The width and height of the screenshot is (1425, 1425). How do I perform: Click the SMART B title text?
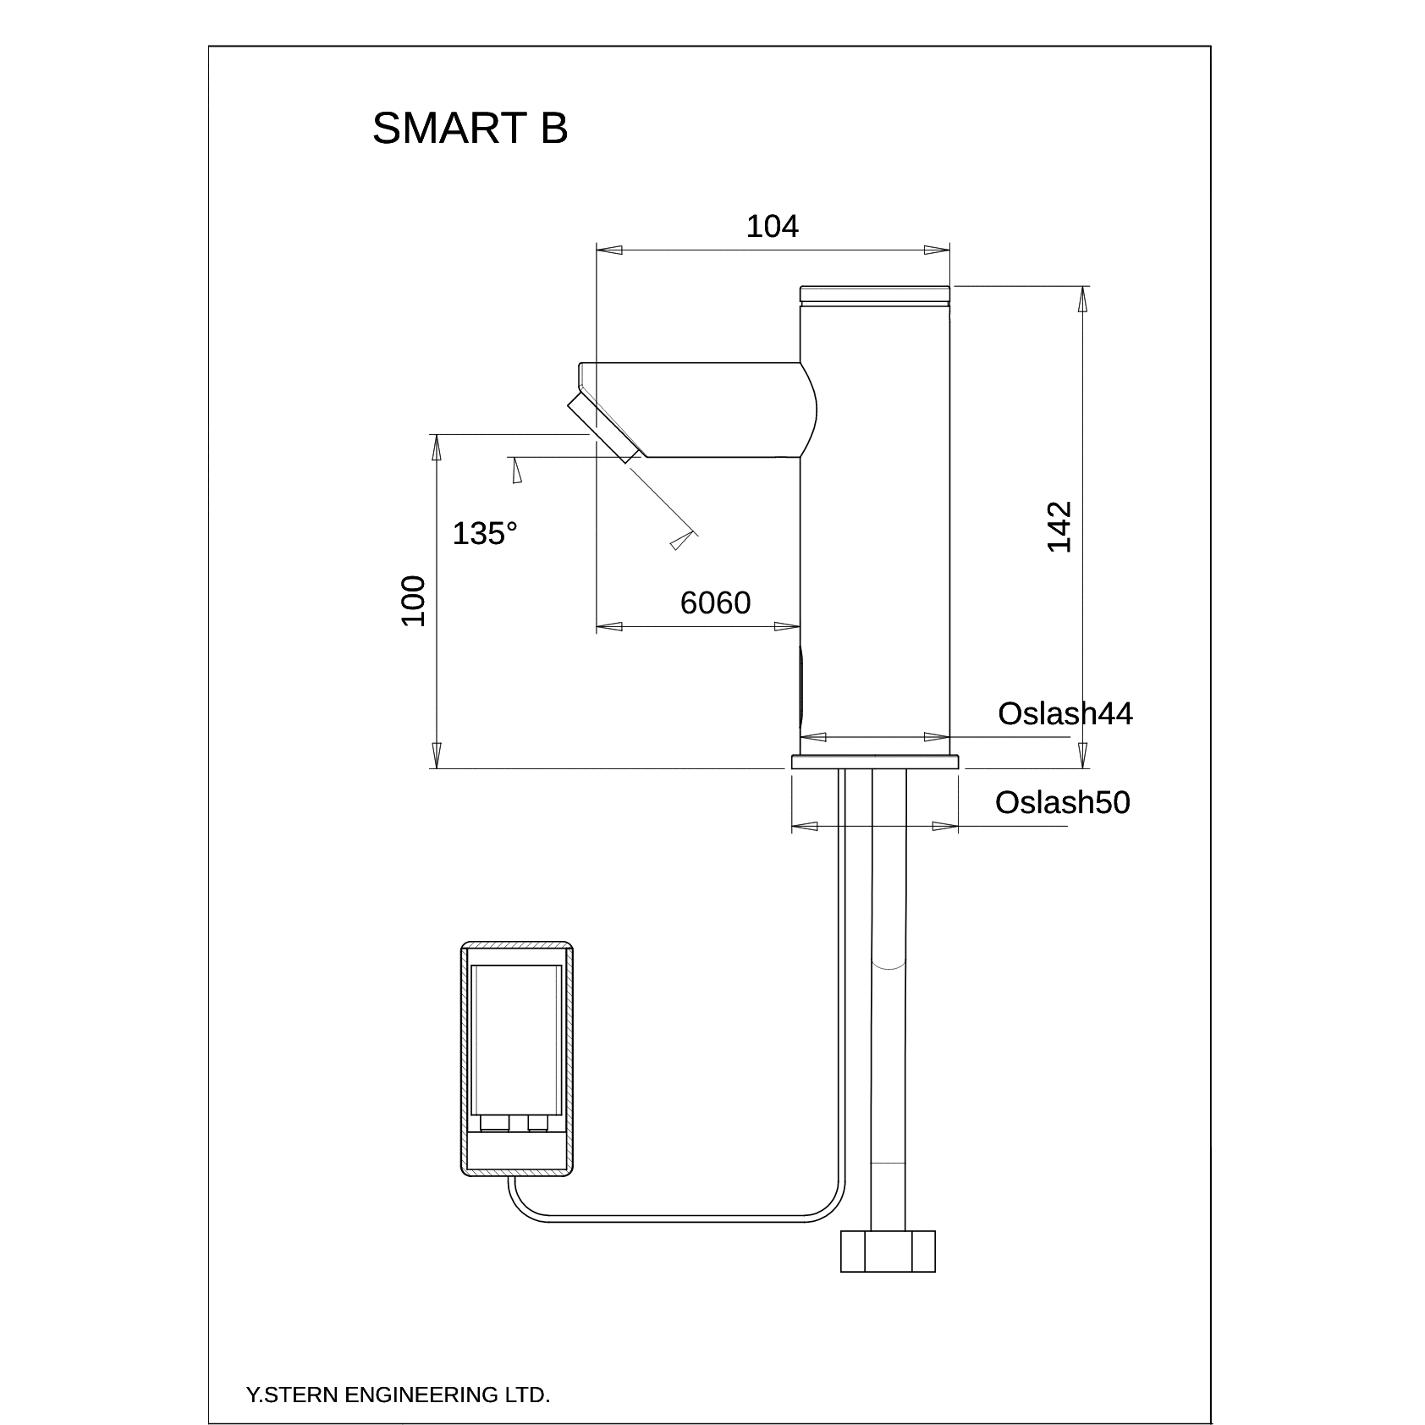[x=470, y=129]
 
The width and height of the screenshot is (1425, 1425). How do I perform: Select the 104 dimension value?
[x=772, y=227]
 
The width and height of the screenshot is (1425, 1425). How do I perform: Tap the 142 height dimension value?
[x=1059, y=527]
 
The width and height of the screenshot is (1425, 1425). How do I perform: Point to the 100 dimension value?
[x=412, y=601]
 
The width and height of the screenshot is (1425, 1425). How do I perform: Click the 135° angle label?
[x=485, y=534]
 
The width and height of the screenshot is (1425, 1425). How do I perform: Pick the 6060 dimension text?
[x=715, y=602]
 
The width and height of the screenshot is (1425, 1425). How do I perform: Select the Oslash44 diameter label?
[x=1065, y=713]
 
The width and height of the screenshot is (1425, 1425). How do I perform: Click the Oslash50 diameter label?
[x=1062, y=802]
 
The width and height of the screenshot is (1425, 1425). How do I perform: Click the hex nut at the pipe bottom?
[x=888, y=1252]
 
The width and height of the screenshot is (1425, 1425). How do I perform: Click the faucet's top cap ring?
[x=875, y=294]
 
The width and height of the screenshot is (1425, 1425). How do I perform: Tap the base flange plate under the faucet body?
[x=875, y=762]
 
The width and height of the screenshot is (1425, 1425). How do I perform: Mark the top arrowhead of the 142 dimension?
[x=1082, y=299]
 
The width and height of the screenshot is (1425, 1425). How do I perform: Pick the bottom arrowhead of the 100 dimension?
[x=437, y=756]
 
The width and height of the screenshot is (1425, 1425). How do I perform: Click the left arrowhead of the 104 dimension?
[x=609, y=250]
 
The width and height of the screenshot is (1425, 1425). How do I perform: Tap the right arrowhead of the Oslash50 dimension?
[x=945, y=826]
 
